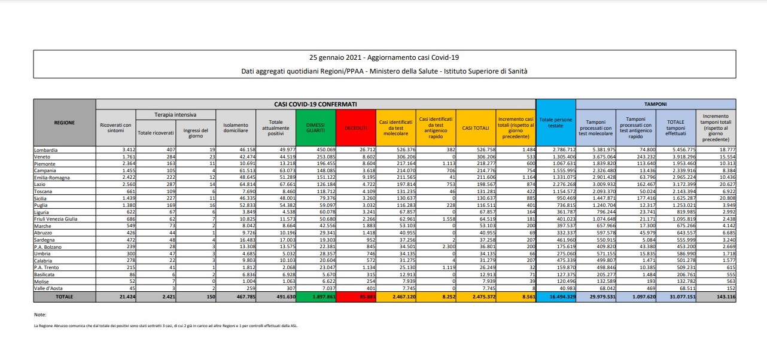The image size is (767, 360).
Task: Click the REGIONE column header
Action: click(x=65, y=123)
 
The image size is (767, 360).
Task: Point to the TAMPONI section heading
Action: click(x=655, y=103)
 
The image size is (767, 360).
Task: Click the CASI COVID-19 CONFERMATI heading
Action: click(x=315, y=103)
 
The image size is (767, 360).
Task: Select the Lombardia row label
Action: click(x=48, y=149)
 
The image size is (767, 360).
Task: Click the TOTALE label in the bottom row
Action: click(x=65, y=295)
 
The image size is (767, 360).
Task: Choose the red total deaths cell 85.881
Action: click(x=357, y=295)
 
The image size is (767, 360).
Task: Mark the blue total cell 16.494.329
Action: click(x=555, y=295)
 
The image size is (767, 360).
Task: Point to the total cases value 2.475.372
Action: click(x=477, y=295)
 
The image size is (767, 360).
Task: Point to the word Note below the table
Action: click(x=40, y=314)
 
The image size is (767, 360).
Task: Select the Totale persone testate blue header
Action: click(x=555, y=123)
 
